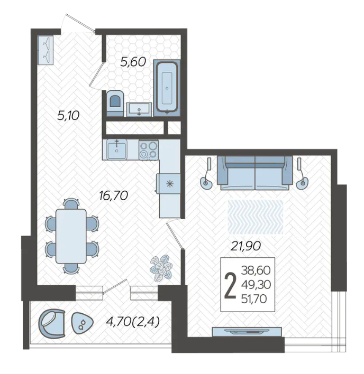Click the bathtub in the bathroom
pyautogui.click(x=167, y=88)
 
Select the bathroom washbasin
pyautogui.click(x=139, y=109)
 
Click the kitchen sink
pyautogui.click(x=116, y=149)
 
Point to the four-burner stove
pyautogui.click(x=149, y=149)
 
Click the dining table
pyautogui.click(x=71, y=236)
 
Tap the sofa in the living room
pyautogui.click(x=255, y=173)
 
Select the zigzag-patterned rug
pyautogui.click(x=256, y=217)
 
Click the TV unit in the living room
pyautogui.click(x=247, y=332)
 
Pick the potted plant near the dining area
pyautogui.click(x=161, y=267)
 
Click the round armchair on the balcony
pyautogui.click(x=52, y=323)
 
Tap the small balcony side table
pyautogui.click(x=83, y=323)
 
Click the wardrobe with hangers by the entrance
pyautogui.click(x=46, y=50)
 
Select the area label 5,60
pyautogui.click(x=133, y=62)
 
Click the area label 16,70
pyautogui.click(x=114, y=195)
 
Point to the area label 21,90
pyautogui.click(x=245, y=246)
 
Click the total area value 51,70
pyautogui.click(x=254, y=298)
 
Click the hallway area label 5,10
pyautogui.click(x=68, y=116)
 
